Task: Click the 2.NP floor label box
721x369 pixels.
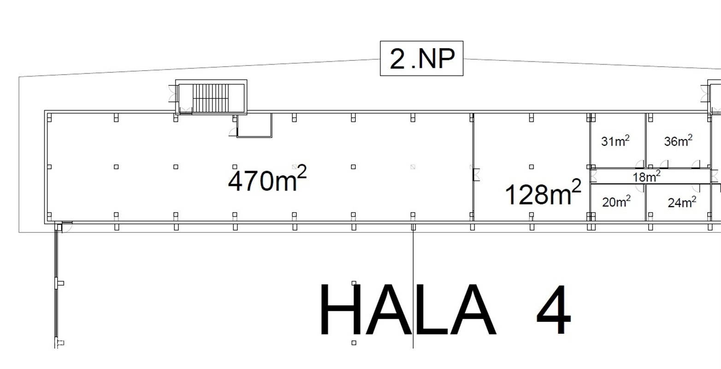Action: click(x=422, y=58)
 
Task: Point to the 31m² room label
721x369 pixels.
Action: click(x=615, y=141)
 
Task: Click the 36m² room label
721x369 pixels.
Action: click(x=678, y=141)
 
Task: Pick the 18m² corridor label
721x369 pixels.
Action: click(x=646, y=177)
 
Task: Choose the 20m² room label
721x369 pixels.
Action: click(x=616, y=202)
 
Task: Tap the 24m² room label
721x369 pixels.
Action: click(x=682, y=202)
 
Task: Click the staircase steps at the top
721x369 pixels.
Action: click(x=211, y=97)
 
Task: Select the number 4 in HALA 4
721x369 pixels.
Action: click(x=554, y=309)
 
